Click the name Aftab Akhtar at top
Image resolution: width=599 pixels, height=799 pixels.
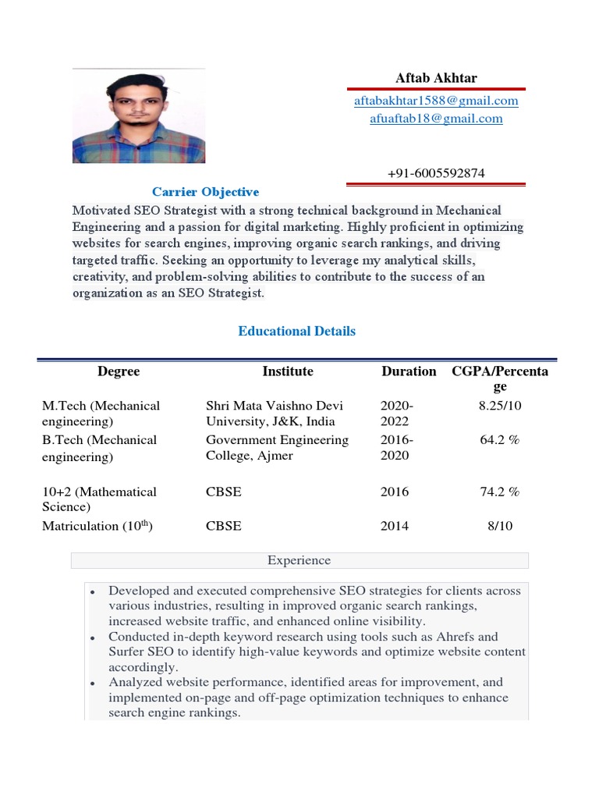[436, 78]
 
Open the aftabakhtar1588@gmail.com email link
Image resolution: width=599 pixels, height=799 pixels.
[436, 101]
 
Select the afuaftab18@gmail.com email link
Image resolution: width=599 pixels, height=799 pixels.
[436, 119]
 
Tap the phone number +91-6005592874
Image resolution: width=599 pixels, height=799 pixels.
[436, 173]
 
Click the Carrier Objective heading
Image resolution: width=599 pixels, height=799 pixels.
[205, 192]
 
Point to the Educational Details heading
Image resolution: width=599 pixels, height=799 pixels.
[296, 331]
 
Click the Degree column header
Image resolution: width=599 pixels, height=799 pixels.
[119, 371]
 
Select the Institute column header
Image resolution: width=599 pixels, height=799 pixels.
[287, 371]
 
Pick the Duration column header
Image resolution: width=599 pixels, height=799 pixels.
[409, 371]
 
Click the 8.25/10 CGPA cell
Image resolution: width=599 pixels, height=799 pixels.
[500, 406]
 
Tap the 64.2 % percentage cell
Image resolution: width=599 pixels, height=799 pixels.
[500, 440]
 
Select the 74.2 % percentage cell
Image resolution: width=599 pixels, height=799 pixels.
[500, 492]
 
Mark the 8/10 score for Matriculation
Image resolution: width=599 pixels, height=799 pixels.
[500, 526]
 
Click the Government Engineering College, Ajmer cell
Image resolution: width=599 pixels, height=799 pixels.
[277, 448]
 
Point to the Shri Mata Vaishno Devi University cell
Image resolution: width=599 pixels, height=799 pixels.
[274, 414]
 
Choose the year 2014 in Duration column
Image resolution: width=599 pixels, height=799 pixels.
[395, 526]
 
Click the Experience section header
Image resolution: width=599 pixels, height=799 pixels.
[299, 560]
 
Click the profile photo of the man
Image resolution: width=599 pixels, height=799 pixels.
[139, 117]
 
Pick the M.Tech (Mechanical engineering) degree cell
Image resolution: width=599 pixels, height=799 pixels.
[101, 414]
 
